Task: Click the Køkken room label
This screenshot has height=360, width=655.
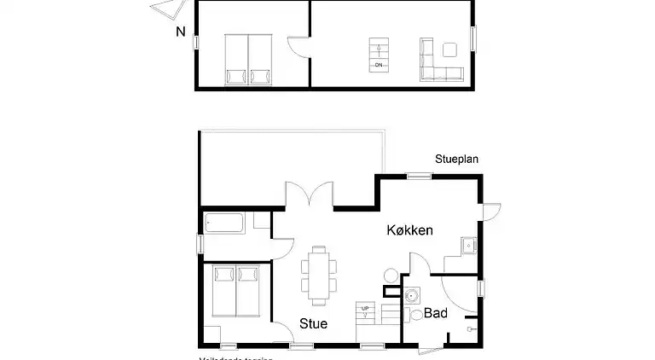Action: coord(410,230)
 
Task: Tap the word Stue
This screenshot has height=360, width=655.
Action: coord(313,324)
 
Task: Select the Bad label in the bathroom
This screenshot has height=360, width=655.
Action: coord(436,314)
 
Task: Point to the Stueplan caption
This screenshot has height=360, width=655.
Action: coord(457,159)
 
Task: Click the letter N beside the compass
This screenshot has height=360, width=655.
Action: coord(180,32)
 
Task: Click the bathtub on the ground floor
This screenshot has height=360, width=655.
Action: coord(225,224)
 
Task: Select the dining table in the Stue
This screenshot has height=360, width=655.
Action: coord(319,275)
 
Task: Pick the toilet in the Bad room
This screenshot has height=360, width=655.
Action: coord(416,315)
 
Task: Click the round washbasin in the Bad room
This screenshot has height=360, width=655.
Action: coord(412,297)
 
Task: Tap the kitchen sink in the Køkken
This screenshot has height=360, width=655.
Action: coord(468,247)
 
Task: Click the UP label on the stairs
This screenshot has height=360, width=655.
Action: coord(365,308)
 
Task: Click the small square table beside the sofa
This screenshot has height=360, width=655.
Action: coord(449,49)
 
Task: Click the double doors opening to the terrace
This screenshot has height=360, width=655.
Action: coord(309,197)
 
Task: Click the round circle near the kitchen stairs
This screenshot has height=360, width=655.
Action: coord(390,276)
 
